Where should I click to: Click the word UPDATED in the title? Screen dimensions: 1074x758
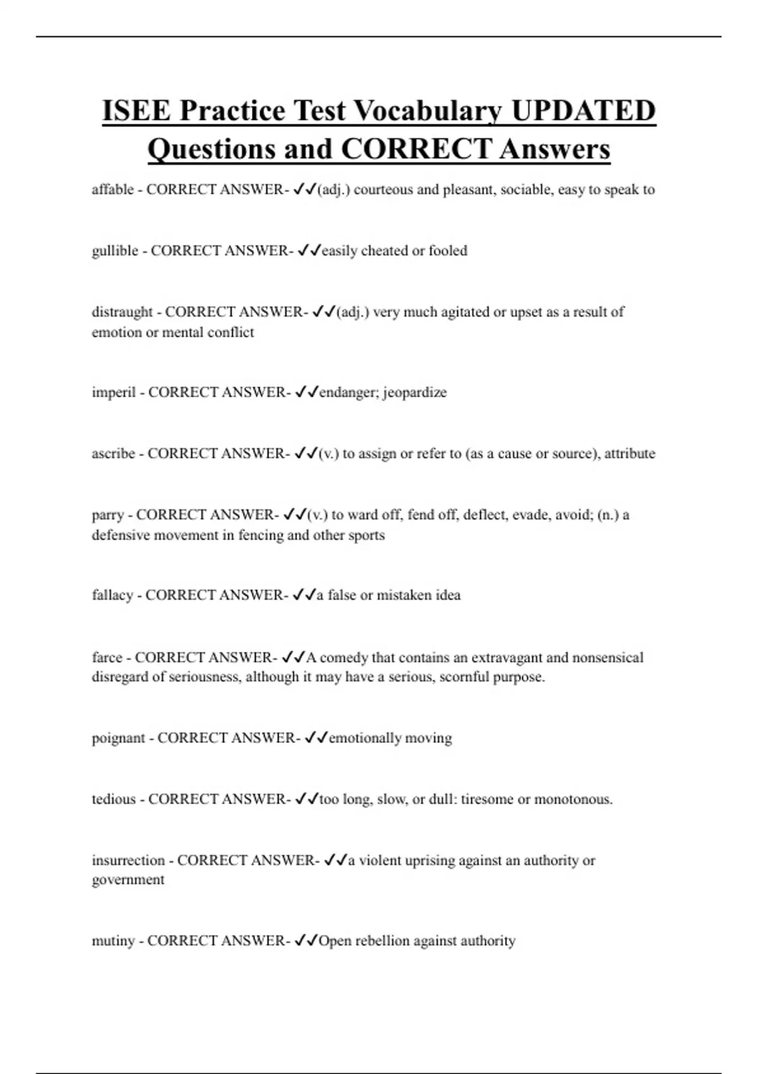583,111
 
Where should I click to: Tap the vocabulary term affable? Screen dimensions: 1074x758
112,190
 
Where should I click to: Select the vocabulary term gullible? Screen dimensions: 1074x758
115,251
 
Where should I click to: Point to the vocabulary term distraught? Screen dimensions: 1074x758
122,312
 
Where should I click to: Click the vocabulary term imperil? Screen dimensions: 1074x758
114,392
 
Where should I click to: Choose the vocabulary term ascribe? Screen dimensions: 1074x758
113,454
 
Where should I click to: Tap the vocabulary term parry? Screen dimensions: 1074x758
107,515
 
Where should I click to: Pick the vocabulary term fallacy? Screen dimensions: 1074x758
112,595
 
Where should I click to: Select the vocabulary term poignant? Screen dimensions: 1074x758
118,738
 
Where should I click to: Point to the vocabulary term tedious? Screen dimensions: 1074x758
114,799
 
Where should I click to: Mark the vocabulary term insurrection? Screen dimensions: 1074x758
128,860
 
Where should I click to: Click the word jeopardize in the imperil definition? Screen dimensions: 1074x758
414,392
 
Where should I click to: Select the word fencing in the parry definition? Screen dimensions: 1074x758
260,535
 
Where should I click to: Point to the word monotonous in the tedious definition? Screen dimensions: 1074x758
573,799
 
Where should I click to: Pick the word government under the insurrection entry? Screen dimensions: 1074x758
128,880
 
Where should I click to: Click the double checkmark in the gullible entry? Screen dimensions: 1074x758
310,251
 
